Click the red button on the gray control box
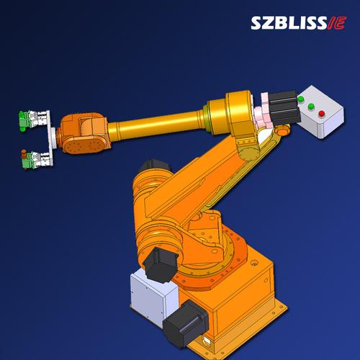click(x=321, y=114)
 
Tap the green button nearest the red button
click(x=311, y=107)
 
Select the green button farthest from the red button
click(x=300, y=99)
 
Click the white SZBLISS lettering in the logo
click(x=289, y=23)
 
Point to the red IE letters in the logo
click(x=337, y=23)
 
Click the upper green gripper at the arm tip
click(x=24, y=120)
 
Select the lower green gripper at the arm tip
click(x=26, y=161)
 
